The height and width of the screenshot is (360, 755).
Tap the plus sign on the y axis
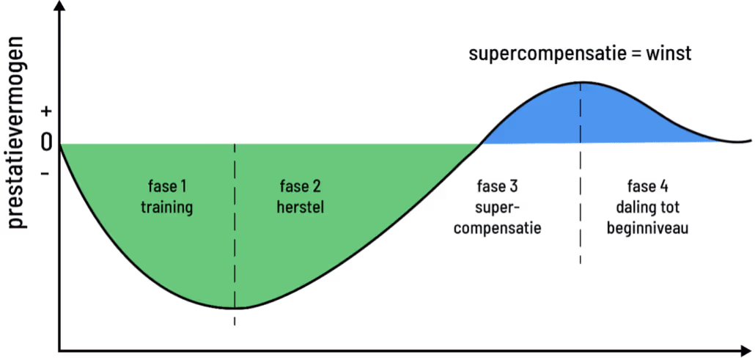click(47, 111)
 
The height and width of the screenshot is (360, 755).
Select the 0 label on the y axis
click(46, 142)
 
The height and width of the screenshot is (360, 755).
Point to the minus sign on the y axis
click(45, 174)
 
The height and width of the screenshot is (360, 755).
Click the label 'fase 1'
click(166, 186)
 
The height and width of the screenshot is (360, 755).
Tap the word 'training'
click(166, 207)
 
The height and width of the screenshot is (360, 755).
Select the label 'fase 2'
click(300, 186)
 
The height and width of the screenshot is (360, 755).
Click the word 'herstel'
click(300, 207)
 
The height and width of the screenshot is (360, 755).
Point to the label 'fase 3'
click(498, 183)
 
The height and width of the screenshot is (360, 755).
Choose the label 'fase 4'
click(647, 183)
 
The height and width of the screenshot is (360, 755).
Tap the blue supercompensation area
click(586, 117)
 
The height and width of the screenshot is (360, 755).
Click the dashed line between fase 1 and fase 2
click(235, 220)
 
